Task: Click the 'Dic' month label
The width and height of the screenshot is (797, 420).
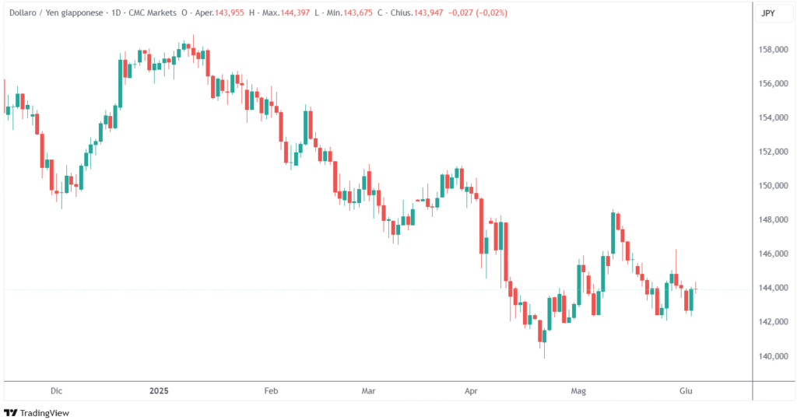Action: [x=55, y=392]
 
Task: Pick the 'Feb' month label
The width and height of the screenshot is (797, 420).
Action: [x=271, y=392]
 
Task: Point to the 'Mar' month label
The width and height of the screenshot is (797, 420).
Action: [x=368, y=392]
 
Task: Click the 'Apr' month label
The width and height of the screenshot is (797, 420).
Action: [x=469, y=392]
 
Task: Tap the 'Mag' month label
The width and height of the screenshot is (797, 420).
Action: [x=577, y=392]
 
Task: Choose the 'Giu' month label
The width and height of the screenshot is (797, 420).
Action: [x=685, y=392]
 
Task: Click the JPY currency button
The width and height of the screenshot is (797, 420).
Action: [x=768, y=13]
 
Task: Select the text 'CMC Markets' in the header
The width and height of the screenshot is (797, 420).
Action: [x=152, y=13]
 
